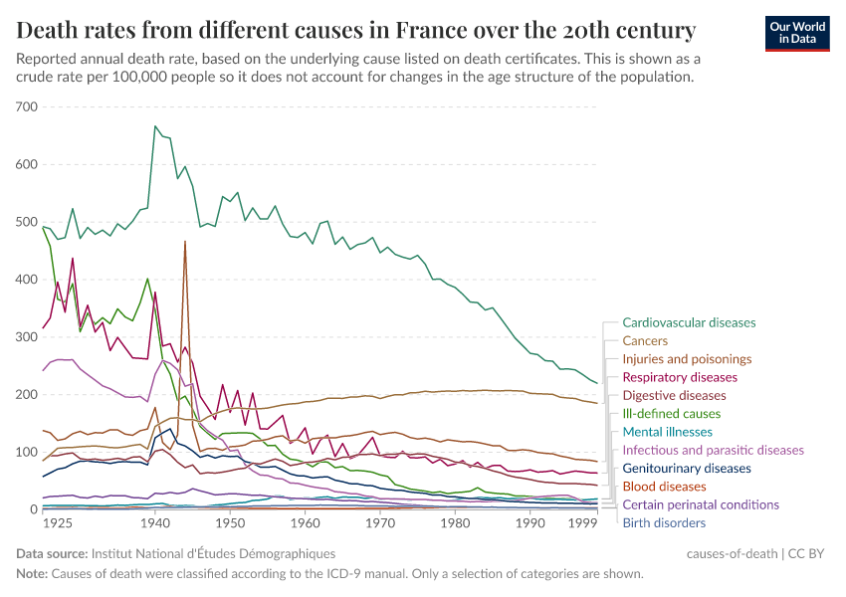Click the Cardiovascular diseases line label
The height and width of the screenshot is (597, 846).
point(689,322)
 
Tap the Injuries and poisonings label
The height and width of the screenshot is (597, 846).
point(687,359)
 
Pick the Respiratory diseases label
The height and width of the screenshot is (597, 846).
point(680,377)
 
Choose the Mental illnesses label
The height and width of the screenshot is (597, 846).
point(667,432)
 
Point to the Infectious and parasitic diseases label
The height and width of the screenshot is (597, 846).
point(713,450)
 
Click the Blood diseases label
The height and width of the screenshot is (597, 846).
point(664,487)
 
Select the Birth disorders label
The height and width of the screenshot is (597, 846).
point(664,522)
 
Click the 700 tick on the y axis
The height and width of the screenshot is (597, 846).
point(27,106)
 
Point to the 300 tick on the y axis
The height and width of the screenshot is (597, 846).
point(27,337)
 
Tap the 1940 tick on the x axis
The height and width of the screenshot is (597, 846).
point(154,522)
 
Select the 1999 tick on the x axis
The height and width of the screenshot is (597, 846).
point(596,522)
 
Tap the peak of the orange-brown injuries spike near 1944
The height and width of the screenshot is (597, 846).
point(185,242)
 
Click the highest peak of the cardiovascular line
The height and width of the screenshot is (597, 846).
point(155,126)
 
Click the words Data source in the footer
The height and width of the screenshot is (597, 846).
point(51,552)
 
